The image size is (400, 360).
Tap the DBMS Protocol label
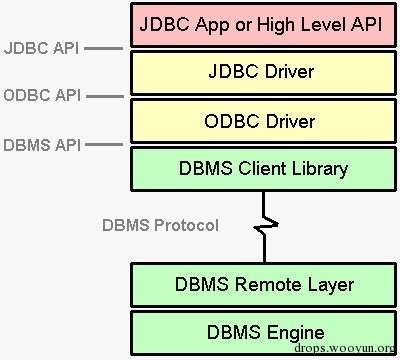pyautogui.click(x=160, y=224)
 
